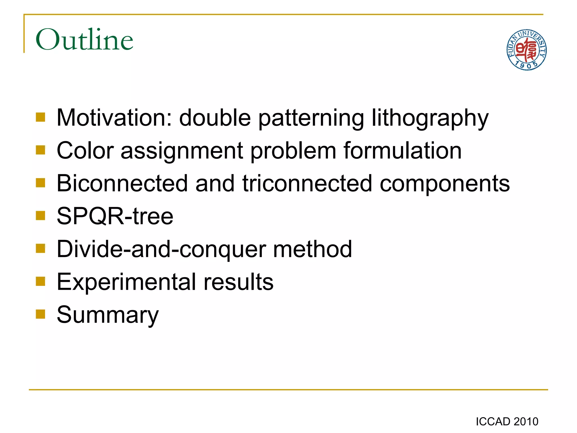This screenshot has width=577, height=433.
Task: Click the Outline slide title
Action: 84,39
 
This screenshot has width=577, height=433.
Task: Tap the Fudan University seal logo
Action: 526,50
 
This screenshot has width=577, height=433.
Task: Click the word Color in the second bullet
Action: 85,151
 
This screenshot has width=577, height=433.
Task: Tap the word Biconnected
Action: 122,183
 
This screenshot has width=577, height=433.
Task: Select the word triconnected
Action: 307,183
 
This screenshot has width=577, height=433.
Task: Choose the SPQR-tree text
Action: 115,216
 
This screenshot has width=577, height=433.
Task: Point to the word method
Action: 312,249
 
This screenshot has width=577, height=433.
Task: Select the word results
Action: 238,282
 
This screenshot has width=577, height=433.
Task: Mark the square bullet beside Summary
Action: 41,314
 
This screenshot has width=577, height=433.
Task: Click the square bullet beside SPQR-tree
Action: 41,216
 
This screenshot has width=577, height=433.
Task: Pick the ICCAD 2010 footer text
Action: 507,422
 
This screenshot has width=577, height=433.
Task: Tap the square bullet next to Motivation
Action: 41,117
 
